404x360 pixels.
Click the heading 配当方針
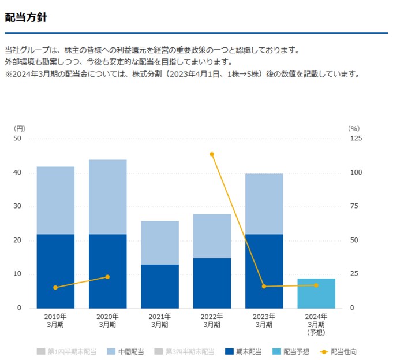tap(26, 17)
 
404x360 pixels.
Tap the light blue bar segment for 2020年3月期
tap(107, 196)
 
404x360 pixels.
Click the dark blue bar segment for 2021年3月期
tap(160, 286)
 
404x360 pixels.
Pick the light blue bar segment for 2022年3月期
tap(212, 236)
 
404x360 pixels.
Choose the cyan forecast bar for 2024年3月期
tap(316, 293)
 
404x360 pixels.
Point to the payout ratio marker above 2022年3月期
tap(212, 154)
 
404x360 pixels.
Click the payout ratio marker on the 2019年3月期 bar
tap(55, 287)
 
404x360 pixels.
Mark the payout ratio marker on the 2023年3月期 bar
tap(264, 286)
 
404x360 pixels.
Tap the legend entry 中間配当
tap(127, 351)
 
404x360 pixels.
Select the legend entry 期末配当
tap(244, 351)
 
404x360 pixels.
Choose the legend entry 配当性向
tap(344, 351)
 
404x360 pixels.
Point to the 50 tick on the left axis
tap(17, 139)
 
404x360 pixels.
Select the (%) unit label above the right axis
tap(354, 128)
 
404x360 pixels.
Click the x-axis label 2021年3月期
tap(160, 320)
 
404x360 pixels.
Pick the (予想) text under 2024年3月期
tap(316, 332)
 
